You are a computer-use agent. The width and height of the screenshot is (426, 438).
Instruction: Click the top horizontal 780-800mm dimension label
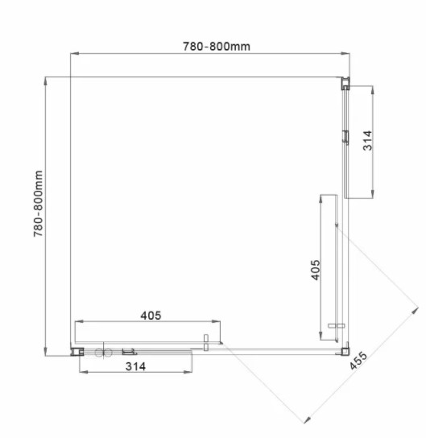point(217,47)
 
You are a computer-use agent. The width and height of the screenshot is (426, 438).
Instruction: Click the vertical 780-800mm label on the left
point(39,204)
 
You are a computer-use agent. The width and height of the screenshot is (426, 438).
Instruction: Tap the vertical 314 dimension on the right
point(368,141)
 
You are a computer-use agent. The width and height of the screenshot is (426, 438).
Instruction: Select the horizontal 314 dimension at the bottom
point(135,366)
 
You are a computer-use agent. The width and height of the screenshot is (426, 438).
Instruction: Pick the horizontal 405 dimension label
point(151,316)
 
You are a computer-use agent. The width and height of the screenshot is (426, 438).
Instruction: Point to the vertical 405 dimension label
point(316,270)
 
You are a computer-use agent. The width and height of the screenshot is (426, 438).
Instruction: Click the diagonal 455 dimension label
point(358,361)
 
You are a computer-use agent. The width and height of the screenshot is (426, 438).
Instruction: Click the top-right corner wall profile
point(345,83)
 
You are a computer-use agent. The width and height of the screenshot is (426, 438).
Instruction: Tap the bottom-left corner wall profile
point(77,352)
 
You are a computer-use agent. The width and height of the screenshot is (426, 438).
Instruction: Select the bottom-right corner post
point(345,350)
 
